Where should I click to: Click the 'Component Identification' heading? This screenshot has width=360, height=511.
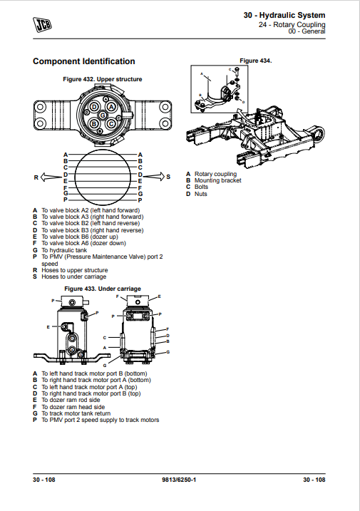click(84, 61)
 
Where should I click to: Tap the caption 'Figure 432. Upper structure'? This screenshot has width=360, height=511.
click(103, 78)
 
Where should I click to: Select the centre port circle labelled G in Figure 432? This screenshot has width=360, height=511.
click(103, 115)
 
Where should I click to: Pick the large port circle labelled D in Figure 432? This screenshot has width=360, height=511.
click(93, 107)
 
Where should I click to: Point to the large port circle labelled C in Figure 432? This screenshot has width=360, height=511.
click(111, 124)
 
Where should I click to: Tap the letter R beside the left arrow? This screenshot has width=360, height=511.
click(35, 176)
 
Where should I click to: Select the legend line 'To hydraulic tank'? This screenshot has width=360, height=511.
click(65, 250)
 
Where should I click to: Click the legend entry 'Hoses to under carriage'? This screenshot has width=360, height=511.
click(75, 277)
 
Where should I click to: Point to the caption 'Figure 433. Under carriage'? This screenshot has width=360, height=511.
click(103, 289)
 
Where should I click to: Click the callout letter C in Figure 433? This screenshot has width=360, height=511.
click(105, 336)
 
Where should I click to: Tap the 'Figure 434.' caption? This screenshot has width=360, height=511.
click(256, 61)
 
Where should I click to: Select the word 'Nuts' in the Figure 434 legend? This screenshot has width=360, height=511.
click(201, 194)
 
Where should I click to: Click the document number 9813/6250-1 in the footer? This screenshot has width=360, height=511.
click(179, 480)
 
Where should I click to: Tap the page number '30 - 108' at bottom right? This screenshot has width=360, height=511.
click(314, 480)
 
